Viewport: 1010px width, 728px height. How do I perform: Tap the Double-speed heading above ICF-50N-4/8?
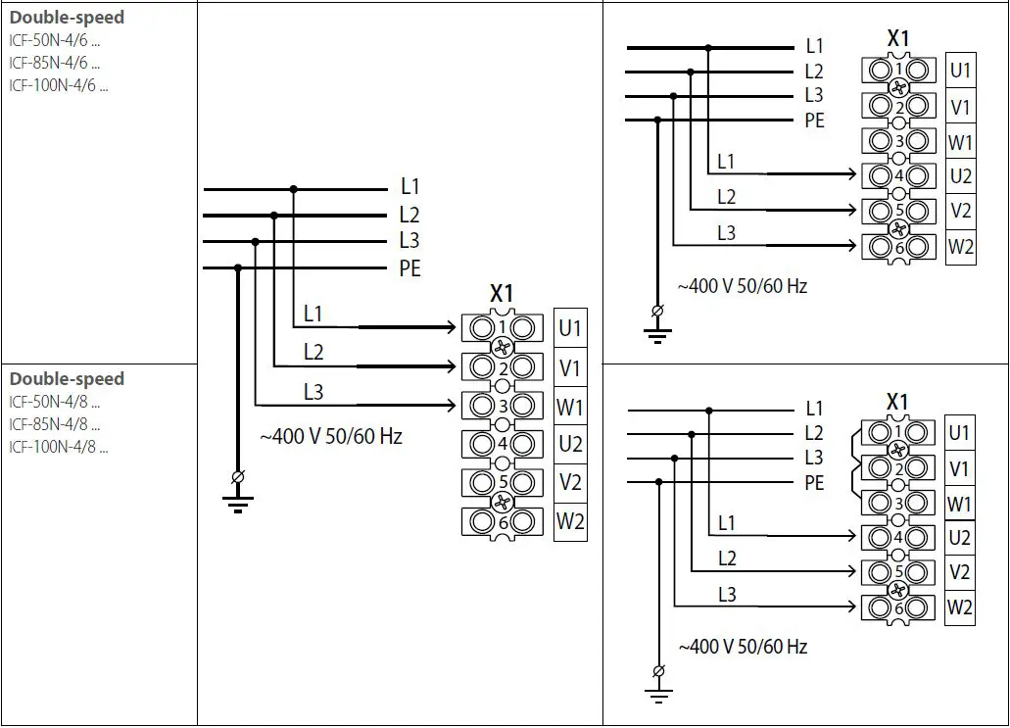click(67, 379)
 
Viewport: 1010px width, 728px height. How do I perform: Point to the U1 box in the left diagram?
click(570, 328)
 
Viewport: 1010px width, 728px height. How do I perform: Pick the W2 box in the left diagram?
click(570, 521)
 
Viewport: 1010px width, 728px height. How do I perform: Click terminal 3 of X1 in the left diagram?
click(502, 406)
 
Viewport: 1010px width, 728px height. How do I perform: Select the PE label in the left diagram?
click(410, 268)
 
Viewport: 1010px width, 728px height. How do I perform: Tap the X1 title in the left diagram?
click(502, 293)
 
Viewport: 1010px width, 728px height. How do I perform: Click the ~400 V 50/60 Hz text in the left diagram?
click(331, 437)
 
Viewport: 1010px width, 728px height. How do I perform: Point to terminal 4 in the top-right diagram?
click(898, 176)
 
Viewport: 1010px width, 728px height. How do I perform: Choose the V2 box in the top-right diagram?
click(961, 211)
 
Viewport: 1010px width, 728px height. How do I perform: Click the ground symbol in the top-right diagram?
click(657, 324)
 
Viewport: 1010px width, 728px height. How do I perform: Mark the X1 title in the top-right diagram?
click(897, 39)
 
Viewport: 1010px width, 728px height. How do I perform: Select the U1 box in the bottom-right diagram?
click(960, 432)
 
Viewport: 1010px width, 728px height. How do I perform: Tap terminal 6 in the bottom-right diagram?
click(897, 608)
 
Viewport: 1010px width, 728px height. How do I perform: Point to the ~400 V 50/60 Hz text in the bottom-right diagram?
click(743, 647)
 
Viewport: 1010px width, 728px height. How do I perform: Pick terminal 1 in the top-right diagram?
click(898, 71)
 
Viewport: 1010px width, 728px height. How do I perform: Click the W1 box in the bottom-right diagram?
click(960, 505)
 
